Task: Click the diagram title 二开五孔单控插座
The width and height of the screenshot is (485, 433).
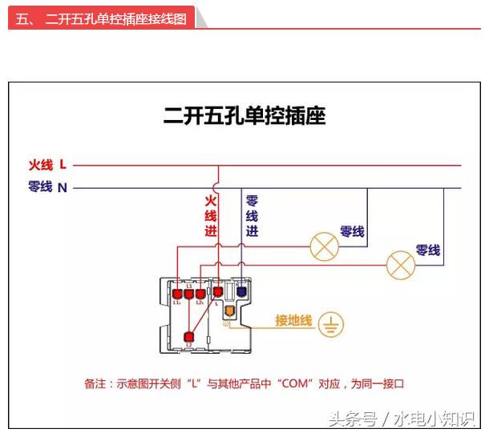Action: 245,116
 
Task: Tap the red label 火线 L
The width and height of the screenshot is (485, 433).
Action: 47,166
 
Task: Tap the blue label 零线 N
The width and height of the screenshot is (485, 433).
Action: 47,187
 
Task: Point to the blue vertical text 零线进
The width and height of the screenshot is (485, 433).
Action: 252,216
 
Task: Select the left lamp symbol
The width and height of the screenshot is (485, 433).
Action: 324,247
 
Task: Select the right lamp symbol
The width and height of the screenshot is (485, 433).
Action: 400,264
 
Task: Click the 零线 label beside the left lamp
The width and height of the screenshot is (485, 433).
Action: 352,231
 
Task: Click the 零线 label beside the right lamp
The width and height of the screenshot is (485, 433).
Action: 427,251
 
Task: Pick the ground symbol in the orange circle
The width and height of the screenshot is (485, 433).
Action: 331,324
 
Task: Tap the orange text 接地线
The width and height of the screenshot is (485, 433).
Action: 293,320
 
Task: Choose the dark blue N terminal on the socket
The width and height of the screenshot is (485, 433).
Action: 240,293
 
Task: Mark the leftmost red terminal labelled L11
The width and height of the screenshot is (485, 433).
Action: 176,294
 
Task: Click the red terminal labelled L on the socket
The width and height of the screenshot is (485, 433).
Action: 216,293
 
